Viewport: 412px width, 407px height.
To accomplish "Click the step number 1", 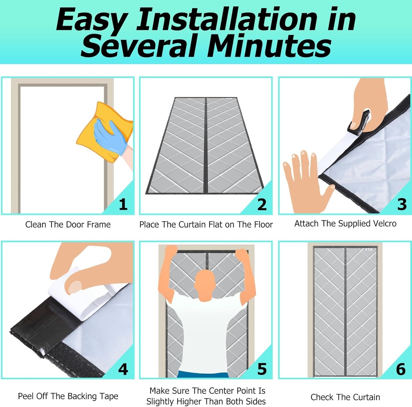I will (123, 205).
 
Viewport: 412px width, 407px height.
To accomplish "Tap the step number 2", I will (262, 205).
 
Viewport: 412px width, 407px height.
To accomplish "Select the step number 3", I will (401, 205).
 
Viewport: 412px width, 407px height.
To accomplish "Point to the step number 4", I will (123, 369).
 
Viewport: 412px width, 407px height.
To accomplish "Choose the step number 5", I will (262, 369).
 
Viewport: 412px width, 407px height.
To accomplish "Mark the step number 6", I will (401, 369).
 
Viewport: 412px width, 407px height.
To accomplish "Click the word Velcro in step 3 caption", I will (383, 223).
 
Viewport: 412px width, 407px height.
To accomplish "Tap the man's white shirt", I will (206, 334).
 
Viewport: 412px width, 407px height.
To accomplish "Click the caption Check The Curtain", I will (345, 397).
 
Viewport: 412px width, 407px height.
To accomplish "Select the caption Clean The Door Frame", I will (68, 224).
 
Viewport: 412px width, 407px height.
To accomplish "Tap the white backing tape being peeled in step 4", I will (87, 300).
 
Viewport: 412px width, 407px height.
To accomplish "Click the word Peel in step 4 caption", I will (26, 397).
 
